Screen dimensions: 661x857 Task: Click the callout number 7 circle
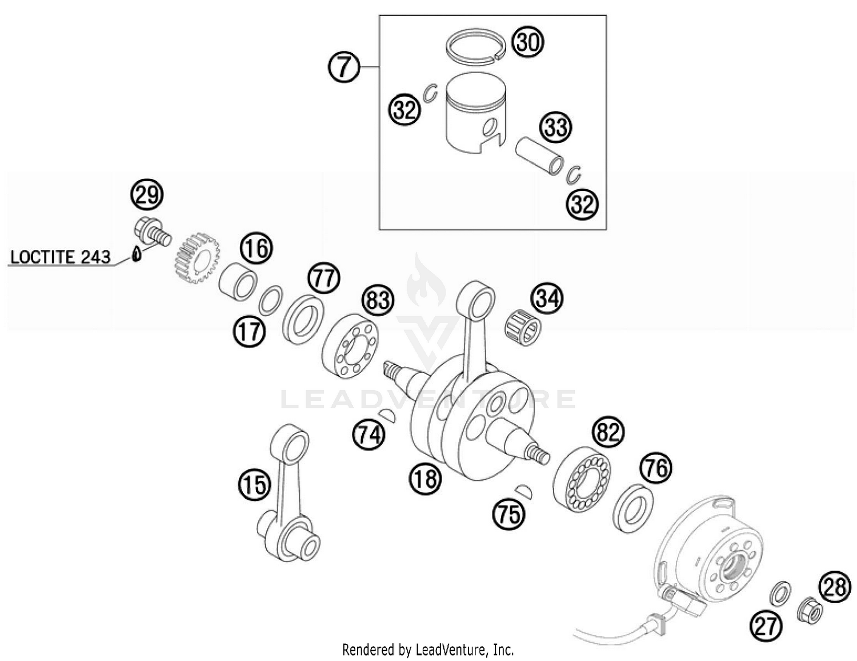click(343, 67)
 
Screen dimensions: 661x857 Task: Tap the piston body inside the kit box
click(475, 118)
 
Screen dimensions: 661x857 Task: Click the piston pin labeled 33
click(540, 155)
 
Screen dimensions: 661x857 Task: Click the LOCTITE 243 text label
click(60, 257)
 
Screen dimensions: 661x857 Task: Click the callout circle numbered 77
click(324, 278)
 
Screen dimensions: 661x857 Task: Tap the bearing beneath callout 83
click(350, 347)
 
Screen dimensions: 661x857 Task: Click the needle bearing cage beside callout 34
click(522, 328)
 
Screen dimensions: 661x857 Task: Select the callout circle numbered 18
click(425, 478)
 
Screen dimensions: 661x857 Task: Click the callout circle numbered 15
click(254, 485)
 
